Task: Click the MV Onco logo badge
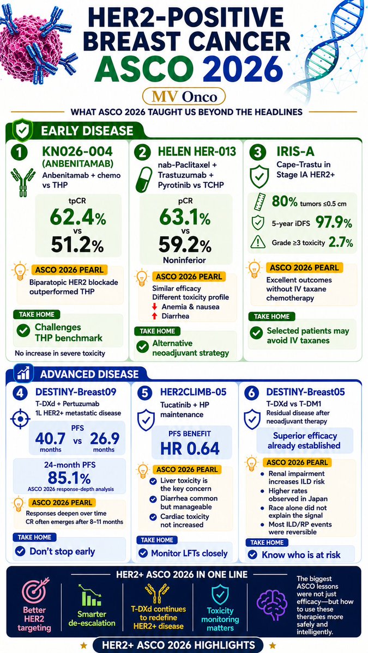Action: pyautogui.click(x=184, y=97)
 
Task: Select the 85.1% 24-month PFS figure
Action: pyautogui.click(x=69, y=477)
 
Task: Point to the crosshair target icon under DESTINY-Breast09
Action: pyautogui.click(x=20, y=419)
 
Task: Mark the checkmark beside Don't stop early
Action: pyautogui.click(x=20, y=551)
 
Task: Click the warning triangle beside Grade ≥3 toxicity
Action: pyautogui.click(x=259, y=242)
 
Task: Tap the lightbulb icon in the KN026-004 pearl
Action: pyautogui.click(x=21, y=272)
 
